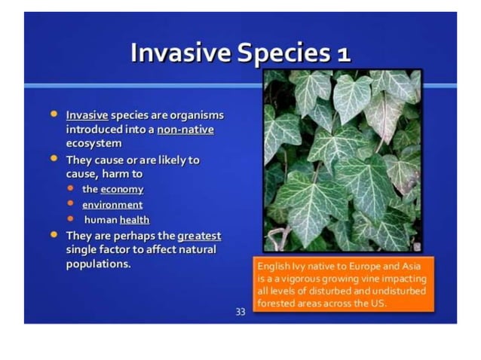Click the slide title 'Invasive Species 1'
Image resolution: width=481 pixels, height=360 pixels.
pyautogui.click(x=240, y=53)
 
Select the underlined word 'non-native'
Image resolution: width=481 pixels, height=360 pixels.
pyautogui.click(x=185, y=130)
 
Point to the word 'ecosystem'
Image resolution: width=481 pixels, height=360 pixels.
pyautogui.click(x=93, y=143)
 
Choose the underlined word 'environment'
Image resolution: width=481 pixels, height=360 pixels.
pyautogui.click(x=112, y=204)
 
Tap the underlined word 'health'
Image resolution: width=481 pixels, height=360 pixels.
pyautogui.click(x=134, y=219)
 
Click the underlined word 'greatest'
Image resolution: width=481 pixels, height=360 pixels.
pyautogui.click(x=199, y=235)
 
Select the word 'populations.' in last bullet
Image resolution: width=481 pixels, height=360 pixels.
pyautogui.click(x=99, y=264)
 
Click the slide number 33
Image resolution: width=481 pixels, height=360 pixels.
pyautogui.click(x=240, y=311)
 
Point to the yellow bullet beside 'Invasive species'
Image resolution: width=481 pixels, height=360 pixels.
pyautogui.click(x=54, y=114)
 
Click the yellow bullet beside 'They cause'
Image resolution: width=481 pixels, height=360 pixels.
pyautogui.click(x=54, y=160)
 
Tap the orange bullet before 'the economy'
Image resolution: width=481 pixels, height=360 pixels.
pyautogui.click(x=71, y=189)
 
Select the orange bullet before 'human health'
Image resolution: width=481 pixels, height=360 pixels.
pyautogui.click(x=71, y=219)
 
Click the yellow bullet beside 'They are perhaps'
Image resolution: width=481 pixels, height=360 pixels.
pyautogui.click(x=54, y=235)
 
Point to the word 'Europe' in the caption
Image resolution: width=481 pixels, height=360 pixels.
pyautogui.click(x=359, y=267)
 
